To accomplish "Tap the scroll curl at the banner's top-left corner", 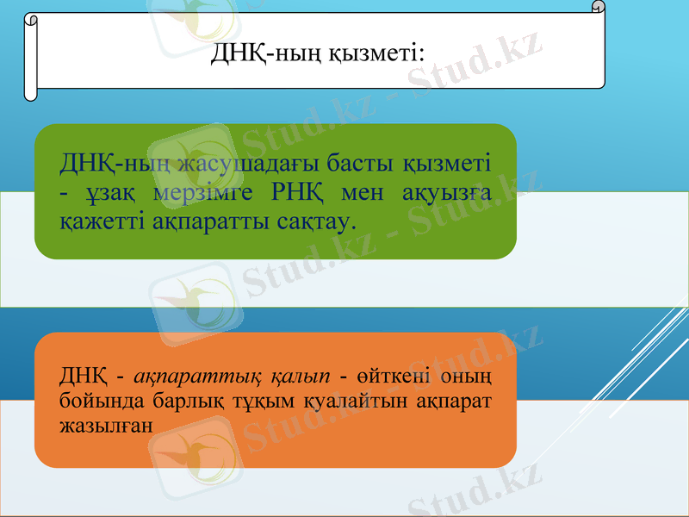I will point(32,19).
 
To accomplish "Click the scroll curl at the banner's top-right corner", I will point(598,7).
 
